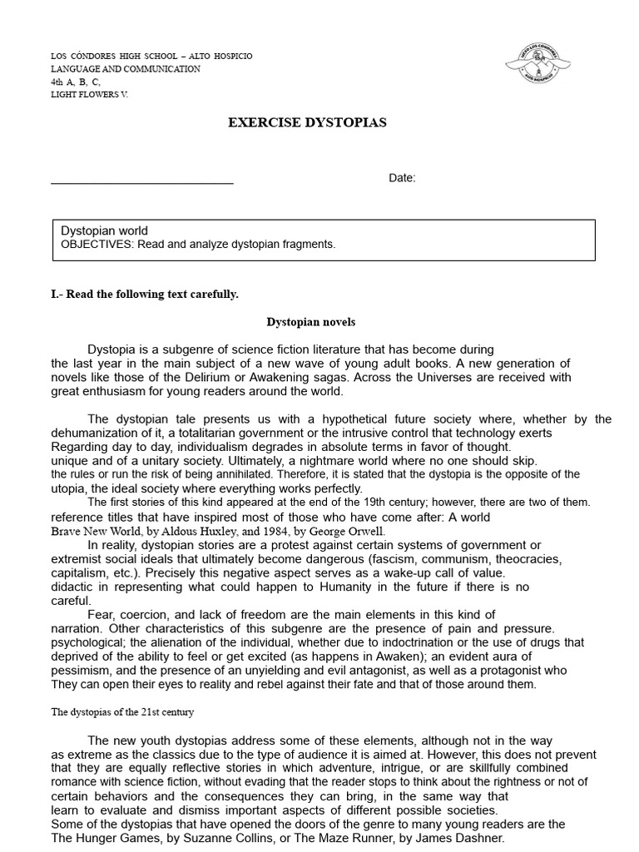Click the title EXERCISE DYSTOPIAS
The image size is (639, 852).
307,122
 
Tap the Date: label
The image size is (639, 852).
402,179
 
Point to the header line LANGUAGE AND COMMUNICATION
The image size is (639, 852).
126,69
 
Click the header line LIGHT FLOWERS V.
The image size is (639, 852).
90,95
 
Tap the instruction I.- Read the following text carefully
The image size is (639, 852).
145,294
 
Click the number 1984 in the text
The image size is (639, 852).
268,531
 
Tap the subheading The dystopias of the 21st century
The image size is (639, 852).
123,713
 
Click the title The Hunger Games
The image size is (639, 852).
103,838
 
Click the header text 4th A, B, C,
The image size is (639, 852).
76,82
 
